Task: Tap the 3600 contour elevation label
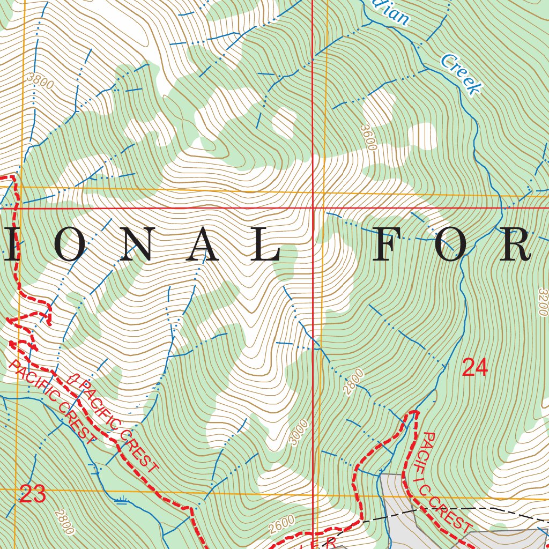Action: (x=369, y=137)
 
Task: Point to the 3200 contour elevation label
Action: (x=543, y=303)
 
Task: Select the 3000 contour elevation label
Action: (x=299, y=432)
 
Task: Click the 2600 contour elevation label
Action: (x=282, y=524)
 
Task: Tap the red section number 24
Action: (x=474, y=368)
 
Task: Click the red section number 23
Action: (x=33, y=494)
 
